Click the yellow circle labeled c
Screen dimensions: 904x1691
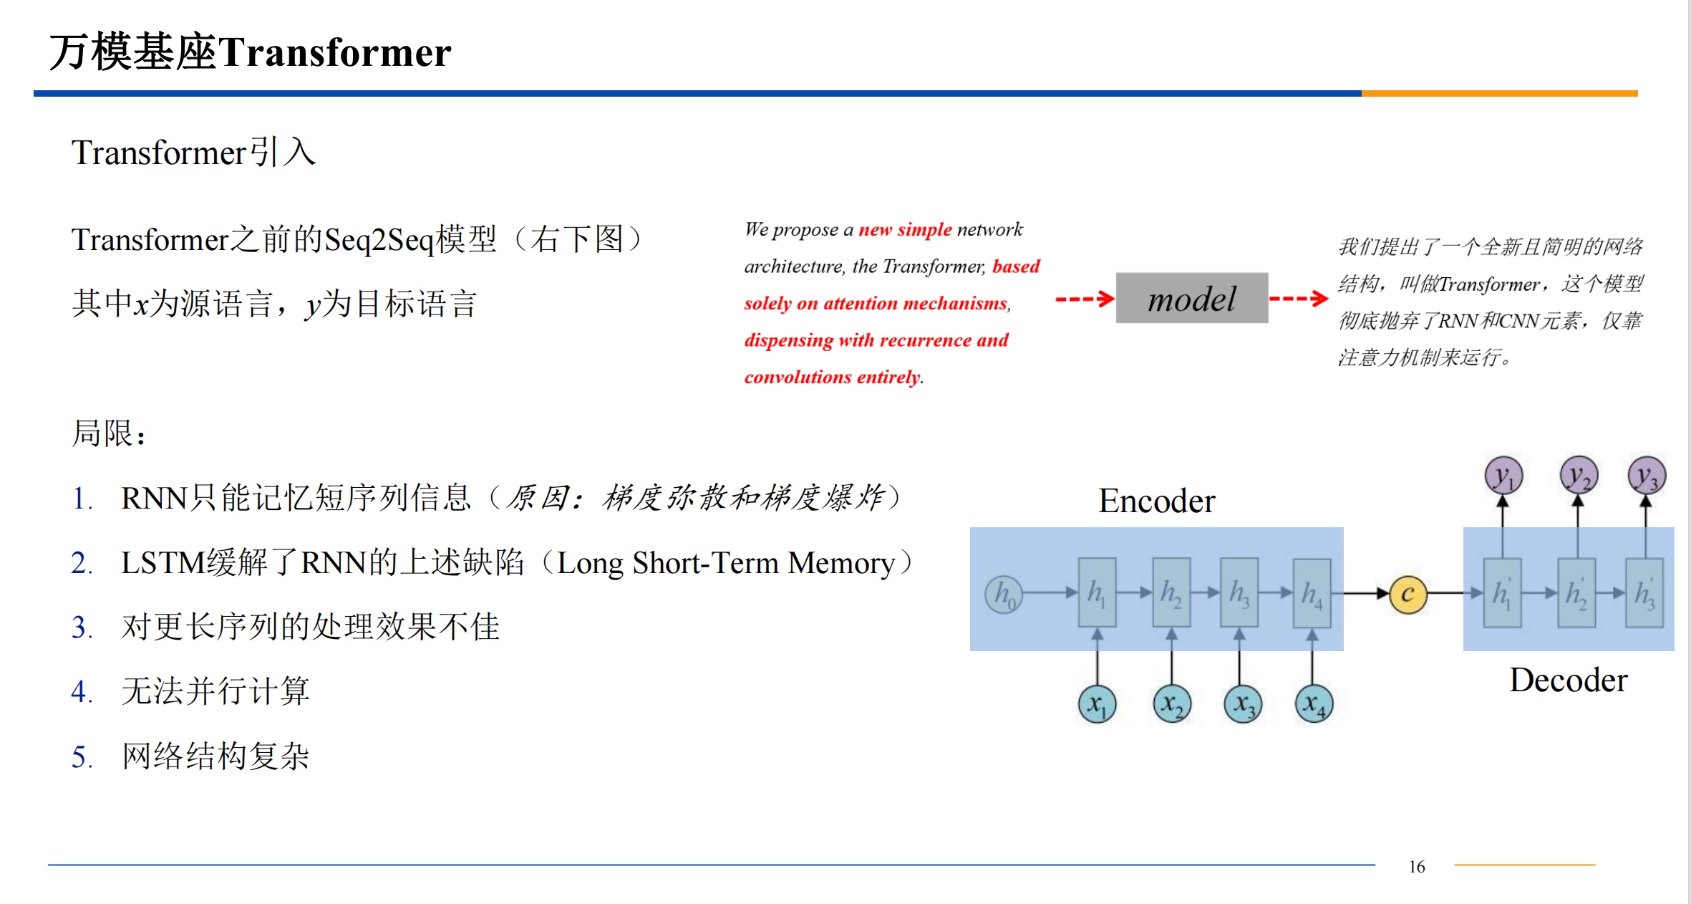[1407, 594]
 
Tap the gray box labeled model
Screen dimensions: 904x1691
[1192, 298]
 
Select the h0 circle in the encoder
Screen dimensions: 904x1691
[1003, 594]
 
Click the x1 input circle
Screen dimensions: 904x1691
[1097, 703]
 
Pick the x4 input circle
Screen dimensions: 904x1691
[1314, 703]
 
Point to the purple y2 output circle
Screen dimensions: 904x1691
[1579, 475]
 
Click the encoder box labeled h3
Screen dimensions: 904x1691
[1239, 592]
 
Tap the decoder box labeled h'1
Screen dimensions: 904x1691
[1502, 592]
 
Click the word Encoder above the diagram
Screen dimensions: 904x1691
[1156, 501]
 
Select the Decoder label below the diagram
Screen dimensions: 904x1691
[1568, 680]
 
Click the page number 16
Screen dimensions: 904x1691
[1417, 867]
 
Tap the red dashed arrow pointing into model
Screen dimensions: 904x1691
[1085, 299]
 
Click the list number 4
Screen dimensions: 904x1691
[81, 692]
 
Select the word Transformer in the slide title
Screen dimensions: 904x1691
[334, 52]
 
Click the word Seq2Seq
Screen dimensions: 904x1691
[379, 240]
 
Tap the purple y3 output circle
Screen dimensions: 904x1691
[1647, 475]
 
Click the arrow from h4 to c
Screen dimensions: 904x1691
[1366, 593]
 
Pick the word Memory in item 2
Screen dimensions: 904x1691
[841, 563]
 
